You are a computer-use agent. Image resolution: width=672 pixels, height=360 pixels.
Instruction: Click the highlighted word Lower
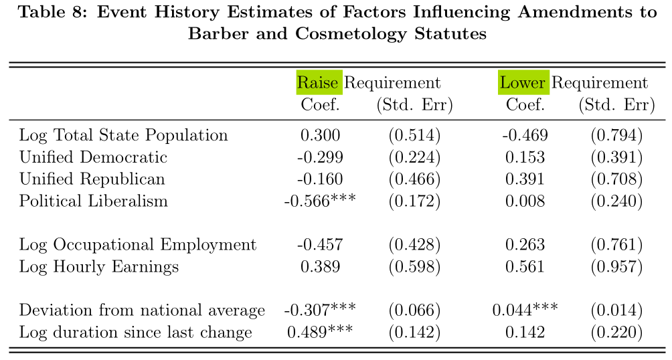point(523,82)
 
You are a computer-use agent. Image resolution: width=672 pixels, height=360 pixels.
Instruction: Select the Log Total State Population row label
point(123,135)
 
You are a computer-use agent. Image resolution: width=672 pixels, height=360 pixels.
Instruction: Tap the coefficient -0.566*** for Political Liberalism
point(320,201)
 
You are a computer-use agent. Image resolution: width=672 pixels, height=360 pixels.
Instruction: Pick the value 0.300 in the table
point(320,135)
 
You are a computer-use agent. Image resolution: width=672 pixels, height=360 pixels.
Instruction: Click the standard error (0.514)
point(414,135)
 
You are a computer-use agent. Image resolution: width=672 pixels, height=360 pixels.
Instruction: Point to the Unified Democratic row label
point(93,157)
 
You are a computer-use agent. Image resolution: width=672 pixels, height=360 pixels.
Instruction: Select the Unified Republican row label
point(92,179)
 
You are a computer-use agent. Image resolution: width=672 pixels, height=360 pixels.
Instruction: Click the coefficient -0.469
point(525,135)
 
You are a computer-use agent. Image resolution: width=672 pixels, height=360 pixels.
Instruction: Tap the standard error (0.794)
point(616,135)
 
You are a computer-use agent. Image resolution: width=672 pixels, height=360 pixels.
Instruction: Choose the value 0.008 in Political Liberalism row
point(525,201)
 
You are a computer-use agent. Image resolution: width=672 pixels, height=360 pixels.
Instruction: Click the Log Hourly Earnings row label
point(99,266)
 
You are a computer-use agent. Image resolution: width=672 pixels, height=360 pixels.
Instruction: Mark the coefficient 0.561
point(525,266)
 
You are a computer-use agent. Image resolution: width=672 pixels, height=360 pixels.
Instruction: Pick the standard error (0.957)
point(616,266)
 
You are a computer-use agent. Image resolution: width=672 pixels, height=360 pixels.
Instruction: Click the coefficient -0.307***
point(320,310)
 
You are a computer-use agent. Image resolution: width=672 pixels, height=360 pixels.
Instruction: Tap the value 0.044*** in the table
point(525,310)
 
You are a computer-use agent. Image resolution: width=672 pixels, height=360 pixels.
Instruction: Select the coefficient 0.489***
point(320,332)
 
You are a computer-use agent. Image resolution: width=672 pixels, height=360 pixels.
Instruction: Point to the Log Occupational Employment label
point(138,245)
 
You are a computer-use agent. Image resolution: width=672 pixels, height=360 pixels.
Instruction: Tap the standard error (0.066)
point(414,310)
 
